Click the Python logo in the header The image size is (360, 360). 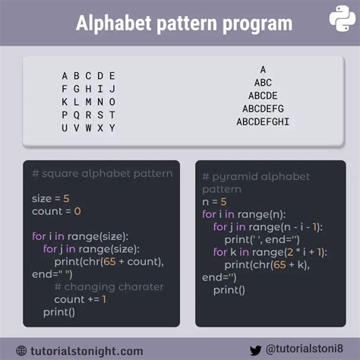tap(342, 19)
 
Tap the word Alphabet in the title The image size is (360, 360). tap(114, 24)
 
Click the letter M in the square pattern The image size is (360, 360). tap(88, 102)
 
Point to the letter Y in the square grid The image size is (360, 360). tap(112, 128)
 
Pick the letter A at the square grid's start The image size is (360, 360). tap(65, 76)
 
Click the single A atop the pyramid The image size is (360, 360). tap(263, 69)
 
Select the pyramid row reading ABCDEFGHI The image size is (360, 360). tap(263, 122)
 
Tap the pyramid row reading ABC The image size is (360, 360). tap(263, 83)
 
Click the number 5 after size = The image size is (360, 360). tap(66, 199)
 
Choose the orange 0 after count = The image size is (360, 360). tap(77, 211)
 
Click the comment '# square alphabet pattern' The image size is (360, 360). tap(103, 174)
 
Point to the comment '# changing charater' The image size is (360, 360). tap(109, 287)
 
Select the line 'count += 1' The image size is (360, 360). tap(81, 299)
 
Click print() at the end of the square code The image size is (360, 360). tap(59, 312)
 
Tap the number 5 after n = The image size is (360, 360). tap(223, 202)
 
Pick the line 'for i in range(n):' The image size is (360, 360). tap(244, 215)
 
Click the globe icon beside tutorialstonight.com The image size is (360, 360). tap(21, 351)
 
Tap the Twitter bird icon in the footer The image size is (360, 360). tap(255, 350)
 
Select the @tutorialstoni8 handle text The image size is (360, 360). tap(305, 349)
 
